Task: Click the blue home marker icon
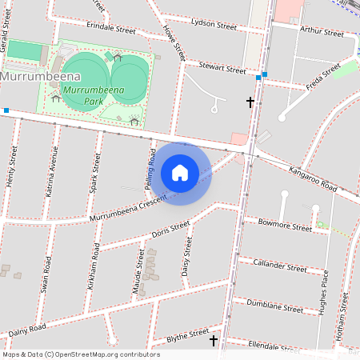click(x=180, y=173)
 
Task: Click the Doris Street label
click(x=170, y=230)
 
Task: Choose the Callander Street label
click(x=279, y=265)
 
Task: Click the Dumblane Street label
click(x=274, y=305)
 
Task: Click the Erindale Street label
click(x=111, y=28)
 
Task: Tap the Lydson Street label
click(x=214, y=25)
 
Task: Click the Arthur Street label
click(x=322, y=32)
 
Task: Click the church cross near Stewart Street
click(x=250, y=102)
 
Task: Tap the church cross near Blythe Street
click(x=214, y=341)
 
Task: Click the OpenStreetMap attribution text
click(x=80, y=354)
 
